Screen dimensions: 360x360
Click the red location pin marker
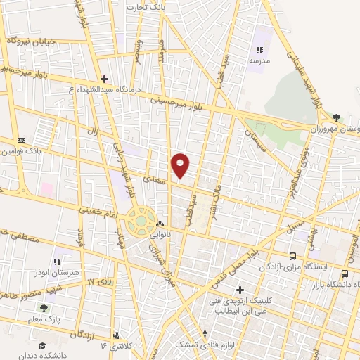pos(181,165)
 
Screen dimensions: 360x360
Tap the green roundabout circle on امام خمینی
pos(141,220)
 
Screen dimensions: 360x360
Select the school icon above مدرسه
pos(259,50)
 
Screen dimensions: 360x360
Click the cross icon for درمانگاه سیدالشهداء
pos(104,79)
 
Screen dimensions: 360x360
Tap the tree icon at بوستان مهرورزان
pos(337,117)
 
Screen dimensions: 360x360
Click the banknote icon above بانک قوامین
pos(21,139)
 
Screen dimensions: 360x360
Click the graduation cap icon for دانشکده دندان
pos(42,345)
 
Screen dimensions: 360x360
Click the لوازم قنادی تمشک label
pos(204,349)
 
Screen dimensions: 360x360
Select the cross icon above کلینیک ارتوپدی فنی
pos(240,290)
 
